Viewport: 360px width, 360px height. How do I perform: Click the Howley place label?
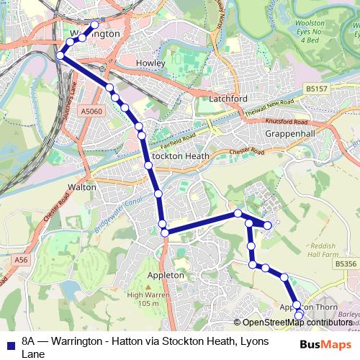[150, 63]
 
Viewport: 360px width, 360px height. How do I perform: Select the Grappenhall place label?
[287, 135]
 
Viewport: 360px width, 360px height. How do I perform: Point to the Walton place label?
[81, 186]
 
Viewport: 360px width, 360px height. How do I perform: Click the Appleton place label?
[166, 275]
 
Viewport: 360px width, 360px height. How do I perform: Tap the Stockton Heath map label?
[181, 156]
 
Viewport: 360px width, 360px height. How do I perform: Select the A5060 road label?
[92, 112]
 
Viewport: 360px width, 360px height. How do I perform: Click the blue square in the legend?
[9, 343]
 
